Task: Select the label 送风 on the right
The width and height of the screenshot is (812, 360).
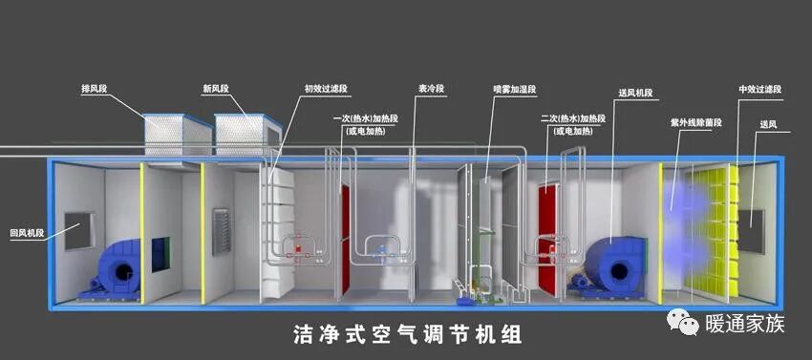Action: coord(768,124)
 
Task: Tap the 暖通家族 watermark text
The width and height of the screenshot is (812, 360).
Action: coord(744,325)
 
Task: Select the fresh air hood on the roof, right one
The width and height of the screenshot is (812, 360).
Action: coord(246,134)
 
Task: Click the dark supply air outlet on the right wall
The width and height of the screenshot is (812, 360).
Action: coord(755,230)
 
